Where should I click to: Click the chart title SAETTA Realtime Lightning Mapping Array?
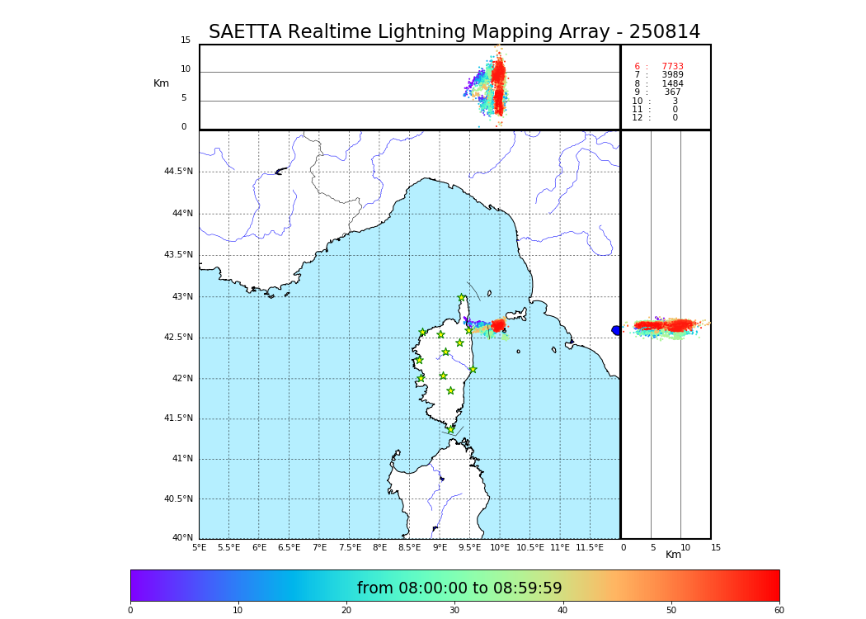tap(454, 32)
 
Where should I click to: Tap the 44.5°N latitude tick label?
tap(178, 172)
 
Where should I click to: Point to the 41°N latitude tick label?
tap(181, 459)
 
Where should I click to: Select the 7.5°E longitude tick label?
tap(351, 547)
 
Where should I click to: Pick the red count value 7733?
tap(672, 67)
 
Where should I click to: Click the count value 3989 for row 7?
tap(672, 75)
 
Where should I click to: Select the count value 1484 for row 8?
tap(672, 84)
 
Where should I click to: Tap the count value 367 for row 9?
tap(673, 92)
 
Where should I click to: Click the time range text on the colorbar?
tap(459, 588)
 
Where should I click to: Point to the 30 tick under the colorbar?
tap(454, 610)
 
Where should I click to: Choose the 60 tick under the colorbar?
tap(779, 610)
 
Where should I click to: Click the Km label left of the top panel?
tap(161, 83)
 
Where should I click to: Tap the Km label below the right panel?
tap(674, 555)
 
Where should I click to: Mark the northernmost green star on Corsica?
tap(462, 298)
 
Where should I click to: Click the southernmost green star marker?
tap(451, 430)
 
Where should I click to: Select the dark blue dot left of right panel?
tap(616, 330)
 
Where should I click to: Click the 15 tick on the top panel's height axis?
tap(186, 40)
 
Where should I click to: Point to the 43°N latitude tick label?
tap(181, 297)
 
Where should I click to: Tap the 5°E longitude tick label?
tap(200, 547)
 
